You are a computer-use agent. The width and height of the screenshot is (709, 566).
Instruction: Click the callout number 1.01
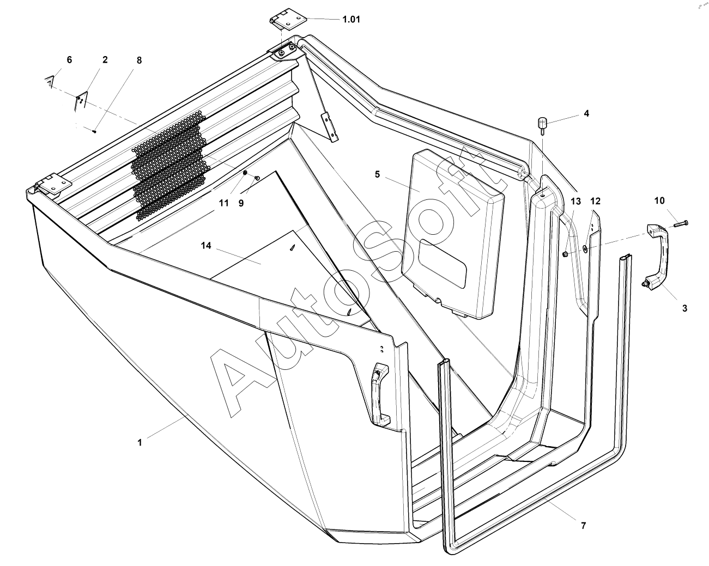tap(351, 20)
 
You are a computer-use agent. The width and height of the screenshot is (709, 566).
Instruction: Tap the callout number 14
tap(206, 246)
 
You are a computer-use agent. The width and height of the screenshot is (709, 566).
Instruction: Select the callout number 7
tap(583, 526)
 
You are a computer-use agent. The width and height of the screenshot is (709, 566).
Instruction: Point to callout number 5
tap(377, 174)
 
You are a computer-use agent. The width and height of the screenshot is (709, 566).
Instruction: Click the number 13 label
tap(576, 201)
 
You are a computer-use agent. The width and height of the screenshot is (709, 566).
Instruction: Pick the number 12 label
tap(595, 201)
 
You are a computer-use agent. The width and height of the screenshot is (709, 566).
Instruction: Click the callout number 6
tap(69, 60)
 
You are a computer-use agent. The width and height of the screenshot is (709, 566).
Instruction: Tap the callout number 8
tap(139, 60)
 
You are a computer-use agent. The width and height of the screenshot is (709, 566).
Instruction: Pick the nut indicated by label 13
tap(565, 254)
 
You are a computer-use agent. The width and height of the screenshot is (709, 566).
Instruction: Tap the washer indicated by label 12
tap(584, 248)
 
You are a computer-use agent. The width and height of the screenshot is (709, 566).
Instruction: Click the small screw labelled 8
tap(94, 131)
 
